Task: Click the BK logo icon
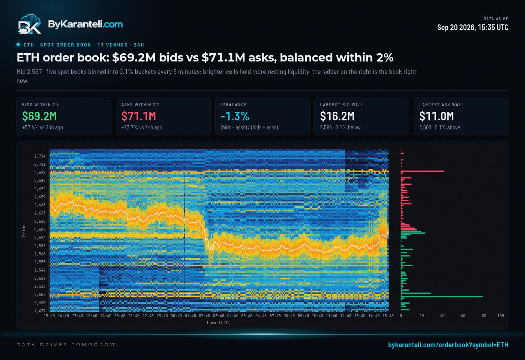(x=30, y=24)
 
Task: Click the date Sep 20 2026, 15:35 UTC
(x=472, y=27)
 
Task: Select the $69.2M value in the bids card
(x=39, y=116)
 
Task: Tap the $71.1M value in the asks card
(x=138, y=116)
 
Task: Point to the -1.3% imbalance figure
(x=235, y=116)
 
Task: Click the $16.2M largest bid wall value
(x=337, y=116)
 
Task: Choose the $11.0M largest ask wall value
(x=436, y=116)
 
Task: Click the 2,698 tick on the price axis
(x=40, y=172)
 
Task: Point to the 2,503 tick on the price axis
(x=40, y=294)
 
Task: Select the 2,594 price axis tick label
(x=40, y=237)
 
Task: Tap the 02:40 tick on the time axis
(x=204, y=316)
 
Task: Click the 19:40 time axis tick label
(x=105, y=316)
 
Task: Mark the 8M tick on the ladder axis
(x=484, y=316)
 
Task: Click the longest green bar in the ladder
(x=442, y=297)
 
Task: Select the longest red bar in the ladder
(x=422, y=171)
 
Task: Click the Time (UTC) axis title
(x=218, y=323)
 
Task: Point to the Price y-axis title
(x=24, y=230)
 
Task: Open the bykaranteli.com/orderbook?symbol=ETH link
(x=448, y=345)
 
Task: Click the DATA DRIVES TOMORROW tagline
(x=66, y=345)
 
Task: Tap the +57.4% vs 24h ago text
(x=42, y=127)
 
